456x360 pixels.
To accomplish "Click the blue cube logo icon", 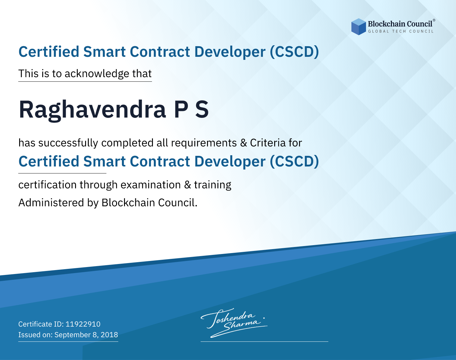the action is click(x=358, y=27).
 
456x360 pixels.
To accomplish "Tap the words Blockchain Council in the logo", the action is click(x=400, y=24).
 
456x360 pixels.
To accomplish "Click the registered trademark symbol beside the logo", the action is click(x=434, y=20).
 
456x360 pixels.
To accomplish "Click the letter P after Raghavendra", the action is click(x=181, y=109).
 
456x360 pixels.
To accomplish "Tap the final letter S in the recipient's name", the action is click(x=202, y=109).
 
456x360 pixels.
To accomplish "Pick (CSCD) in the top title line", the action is click(x=294, y=52).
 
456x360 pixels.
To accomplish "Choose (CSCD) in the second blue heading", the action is click(x=294, y=162).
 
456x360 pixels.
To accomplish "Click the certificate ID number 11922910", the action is click(x=83, y=324).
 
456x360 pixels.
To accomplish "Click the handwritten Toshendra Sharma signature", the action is click(x=234, y=323).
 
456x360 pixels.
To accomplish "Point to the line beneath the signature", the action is click(x=264, y=341).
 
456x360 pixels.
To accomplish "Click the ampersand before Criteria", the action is click(x=244, y=143).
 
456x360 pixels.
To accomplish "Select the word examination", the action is click(x=150, y=185).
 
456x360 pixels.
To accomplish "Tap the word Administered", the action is click(x=51, y=203).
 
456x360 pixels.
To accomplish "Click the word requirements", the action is click(x=204, y=143).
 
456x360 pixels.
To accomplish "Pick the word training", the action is click(x=212, y=185).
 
